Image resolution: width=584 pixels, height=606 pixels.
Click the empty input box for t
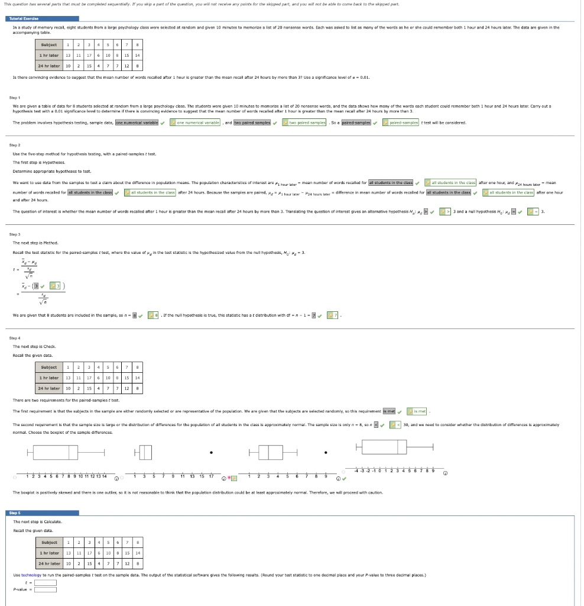46,582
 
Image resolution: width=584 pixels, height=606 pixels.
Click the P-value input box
46,589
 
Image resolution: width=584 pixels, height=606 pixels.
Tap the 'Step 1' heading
15,96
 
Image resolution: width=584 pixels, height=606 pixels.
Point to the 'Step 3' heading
15,234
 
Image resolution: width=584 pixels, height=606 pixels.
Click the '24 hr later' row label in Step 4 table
49,388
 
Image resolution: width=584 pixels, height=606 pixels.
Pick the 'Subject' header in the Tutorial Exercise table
49,44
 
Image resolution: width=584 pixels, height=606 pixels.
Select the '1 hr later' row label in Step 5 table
49,552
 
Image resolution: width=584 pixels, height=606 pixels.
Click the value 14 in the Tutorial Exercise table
137,55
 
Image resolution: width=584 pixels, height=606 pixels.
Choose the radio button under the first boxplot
15,478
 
